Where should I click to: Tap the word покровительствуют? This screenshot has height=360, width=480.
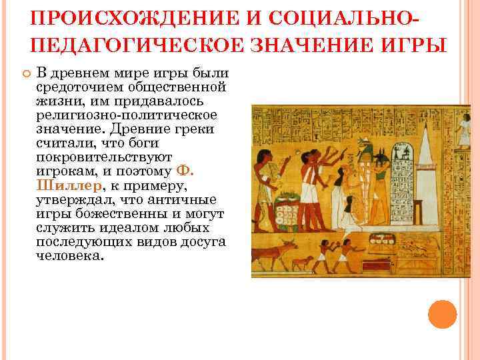[x=105, y=158]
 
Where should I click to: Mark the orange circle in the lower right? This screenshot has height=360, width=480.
[x=442, y=314]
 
